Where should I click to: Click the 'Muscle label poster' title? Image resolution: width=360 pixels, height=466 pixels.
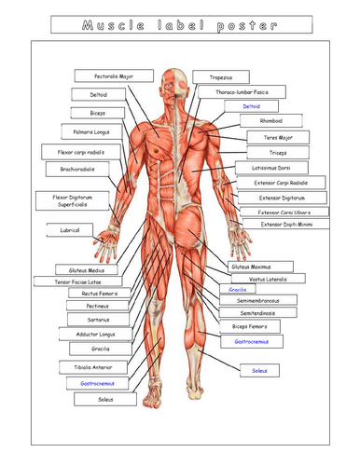tap(180, 26)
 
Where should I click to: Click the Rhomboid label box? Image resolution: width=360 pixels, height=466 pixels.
tap(271, 120)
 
